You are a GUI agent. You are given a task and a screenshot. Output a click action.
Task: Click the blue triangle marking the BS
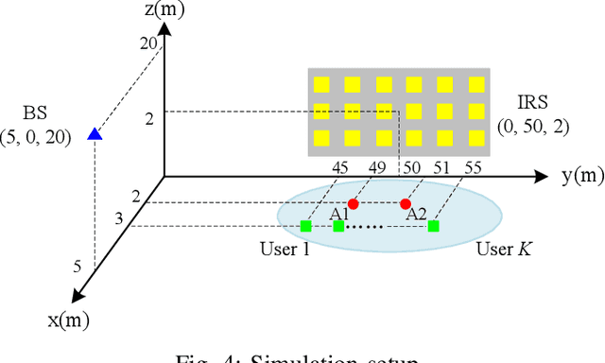(x=95, y=133)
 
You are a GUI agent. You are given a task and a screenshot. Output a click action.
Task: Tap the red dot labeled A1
(x=353, y=203)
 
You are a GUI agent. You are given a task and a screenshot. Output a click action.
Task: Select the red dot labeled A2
(x=406, y=203)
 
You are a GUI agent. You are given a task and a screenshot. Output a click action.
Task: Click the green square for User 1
(x=305, y=226)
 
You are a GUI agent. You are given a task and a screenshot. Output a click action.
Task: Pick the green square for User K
(x=433, y=226)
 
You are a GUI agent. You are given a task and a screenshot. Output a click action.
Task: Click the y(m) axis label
(x=579, y=176)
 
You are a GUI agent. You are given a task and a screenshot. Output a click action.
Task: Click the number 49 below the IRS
(x=377, y=168)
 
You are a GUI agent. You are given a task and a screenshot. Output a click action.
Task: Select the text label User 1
(x=284, y=248)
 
